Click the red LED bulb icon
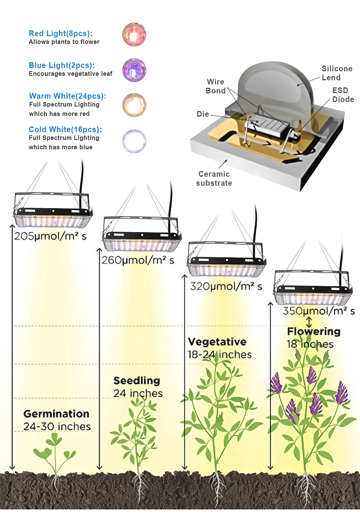pos(134,35)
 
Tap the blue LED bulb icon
pos(134,70)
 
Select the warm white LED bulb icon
pos(134,105)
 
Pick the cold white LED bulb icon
pos(134,141)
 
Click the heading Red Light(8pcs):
pos(60,33)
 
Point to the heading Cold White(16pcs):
pos(65,129)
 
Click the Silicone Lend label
pos(337,73)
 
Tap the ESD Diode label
pos(343,95)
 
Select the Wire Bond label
pos(215,86)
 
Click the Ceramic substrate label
pos(214,179)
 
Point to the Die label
pos(202,114)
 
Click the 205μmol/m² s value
pos(50,236)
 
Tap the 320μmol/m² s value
pos(226,287)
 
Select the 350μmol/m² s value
pos(318,311)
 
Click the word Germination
pos(56,414)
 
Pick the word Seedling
pos(136,381)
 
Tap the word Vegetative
pos(217,342)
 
